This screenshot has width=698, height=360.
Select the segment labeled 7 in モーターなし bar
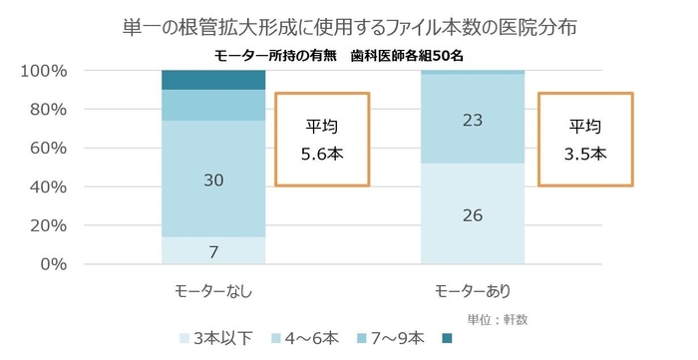coord(213,250)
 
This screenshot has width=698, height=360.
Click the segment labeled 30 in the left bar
coord(213,180)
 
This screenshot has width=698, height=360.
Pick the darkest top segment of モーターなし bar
coord(213,81)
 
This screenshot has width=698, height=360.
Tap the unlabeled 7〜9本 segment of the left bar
coord(213,105)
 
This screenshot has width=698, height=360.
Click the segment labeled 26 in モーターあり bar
coord(473,214)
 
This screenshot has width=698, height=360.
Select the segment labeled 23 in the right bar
coord(473,119)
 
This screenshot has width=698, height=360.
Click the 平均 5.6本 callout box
coord(322,140)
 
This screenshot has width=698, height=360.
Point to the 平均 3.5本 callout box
coord(585,140)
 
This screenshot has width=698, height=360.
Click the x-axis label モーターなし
coord(212,291)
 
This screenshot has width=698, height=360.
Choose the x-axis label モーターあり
coord(473,291)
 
